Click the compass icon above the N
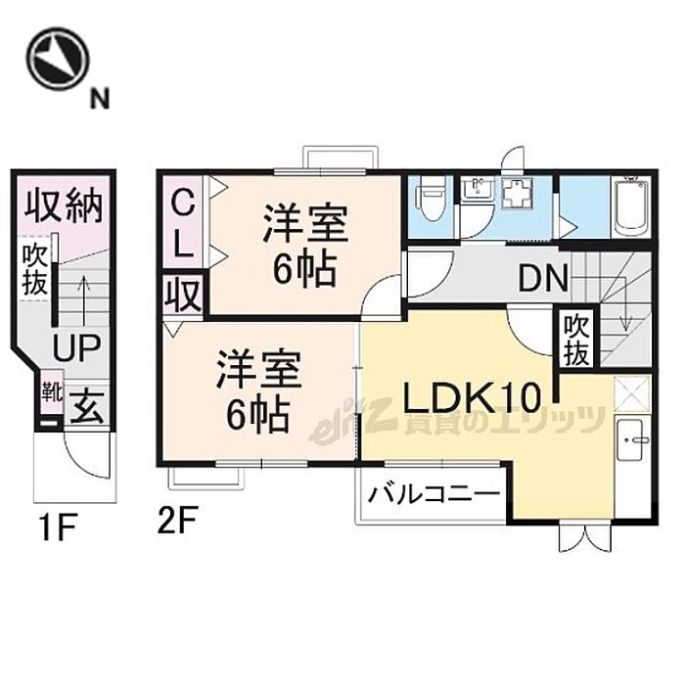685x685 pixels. pyautogui.click(x=58, y=56)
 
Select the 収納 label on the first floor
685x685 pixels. pyautogui.click(x=65, y=206)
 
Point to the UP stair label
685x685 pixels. pyautogui.click(x=74, y=346)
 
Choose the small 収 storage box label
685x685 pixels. pyautogui.click(x=183, y=295)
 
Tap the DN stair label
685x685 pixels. pyautogui.click(x=543, y=280)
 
